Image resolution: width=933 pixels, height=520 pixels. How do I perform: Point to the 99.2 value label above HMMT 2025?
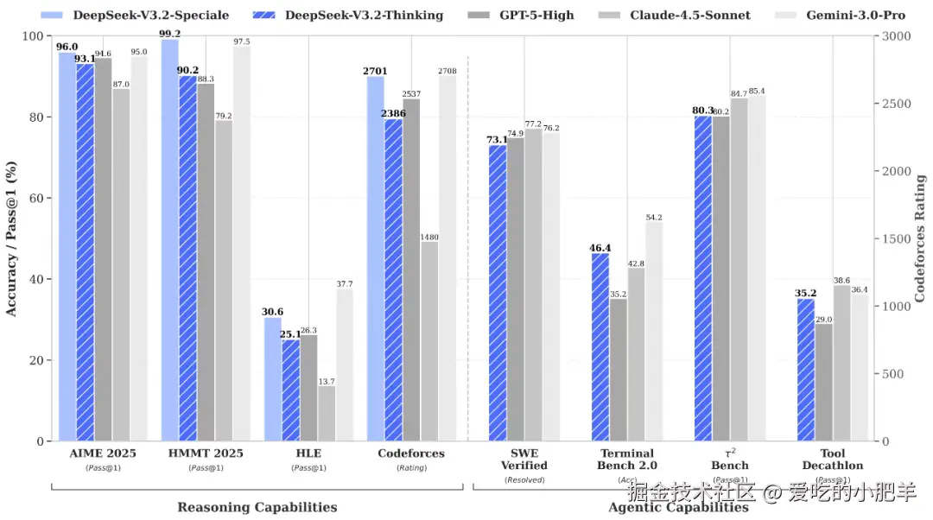(170, 34)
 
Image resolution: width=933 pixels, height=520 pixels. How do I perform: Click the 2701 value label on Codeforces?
(376, 71)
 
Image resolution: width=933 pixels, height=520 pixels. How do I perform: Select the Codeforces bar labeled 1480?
(429, 341)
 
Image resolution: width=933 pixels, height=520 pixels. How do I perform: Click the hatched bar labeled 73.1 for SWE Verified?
(497, 293)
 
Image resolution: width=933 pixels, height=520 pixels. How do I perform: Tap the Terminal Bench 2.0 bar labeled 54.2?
(654, 332)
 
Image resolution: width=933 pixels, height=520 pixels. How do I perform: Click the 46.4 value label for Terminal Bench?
(600, 248)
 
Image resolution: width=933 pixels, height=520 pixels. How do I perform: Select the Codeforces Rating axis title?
(920, 238)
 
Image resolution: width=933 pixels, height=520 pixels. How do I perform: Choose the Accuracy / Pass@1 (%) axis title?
(12, 238)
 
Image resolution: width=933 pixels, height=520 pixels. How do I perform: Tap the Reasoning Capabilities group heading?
(257, 507)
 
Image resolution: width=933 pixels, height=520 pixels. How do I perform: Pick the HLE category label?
(308, 453)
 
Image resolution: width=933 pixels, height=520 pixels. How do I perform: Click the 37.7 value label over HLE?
(345, 283)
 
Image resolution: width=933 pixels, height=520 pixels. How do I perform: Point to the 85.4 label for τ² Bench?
(757, 91)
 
